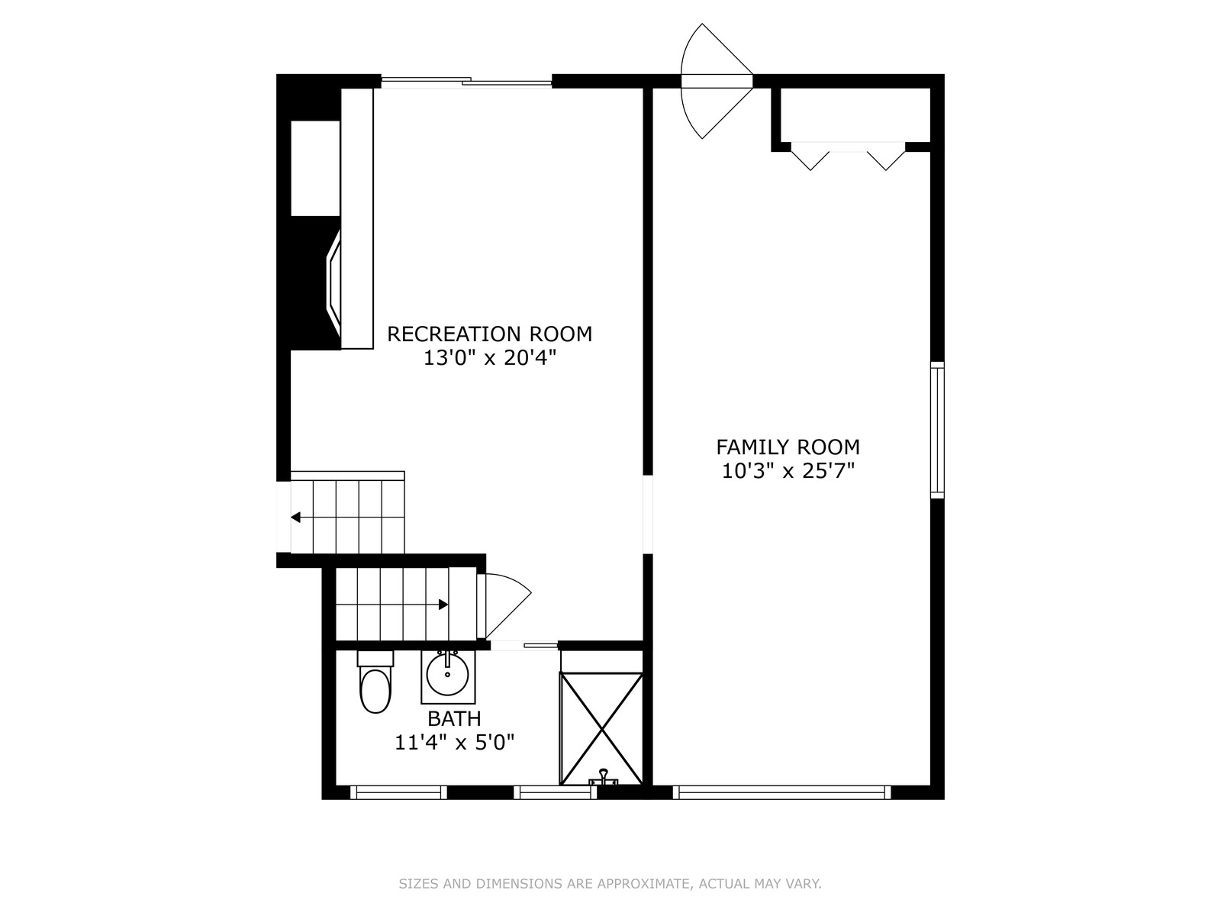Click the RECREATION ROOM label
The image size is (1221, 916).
click(489, 334)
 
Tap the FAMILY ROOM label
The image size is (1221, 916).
click(788, 447)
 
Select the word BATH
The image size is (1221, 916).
click(454, 719)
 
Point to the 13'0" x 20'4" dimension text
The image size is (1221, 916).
click(489, 358)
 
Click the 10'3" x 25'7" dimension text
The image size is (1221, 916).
click(788, 471)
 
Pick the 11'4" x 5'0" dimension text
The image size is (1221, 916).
click(454, 743)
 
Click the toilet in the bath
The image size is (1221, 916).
click(375, 682)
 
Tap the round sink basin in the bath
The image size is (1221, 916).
click(447, 674)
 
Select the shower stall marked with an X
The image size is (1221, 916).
click(601, 728)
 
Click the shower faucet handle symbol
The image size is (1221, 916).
click(603, 777)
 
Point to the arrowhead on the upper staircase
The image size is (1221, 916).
click(295, 518)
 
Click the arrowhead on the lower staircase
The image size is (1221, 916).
click(443, 605)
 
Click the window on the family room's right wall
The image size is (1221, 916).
click(937, 430)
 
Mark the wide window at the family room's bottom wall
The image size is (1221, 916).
click(781, 792)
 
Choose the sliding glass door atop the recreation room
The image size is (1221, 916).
click(466, 82)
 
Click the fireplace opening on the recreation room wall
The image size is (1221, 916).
click(333, 284)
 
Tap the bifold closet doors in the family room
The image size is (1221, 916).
click(849, 156)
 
